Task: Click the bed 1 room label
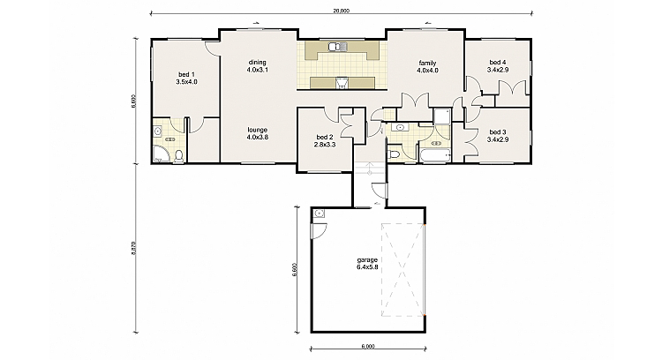pos(186,78)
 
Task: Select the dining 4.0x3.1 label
pos(257,65)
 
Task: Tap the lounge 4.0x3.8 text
pos(257,133)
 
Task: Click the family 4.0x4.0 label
pos(427,66)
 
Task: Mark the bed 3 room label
pos(499,136)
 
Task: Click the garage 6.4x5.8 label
pos(367,263)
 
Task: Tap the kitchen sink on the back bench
pos(335,48)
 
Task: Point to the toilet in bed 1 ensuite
pos(179,156)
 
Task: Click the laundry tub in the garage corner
pos(319,214)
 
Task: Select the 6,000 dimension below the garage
pos(368,346)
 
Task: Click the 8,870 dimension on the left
pos(134,248)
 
